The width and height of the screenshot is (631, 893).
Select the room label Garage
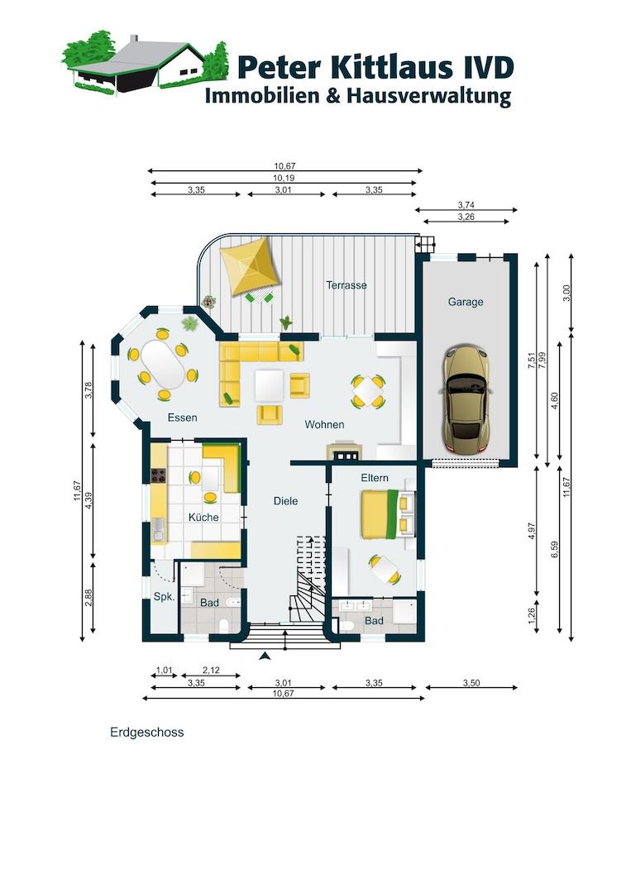click(466, 302)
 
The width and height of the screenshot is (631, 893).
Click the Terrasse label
click(347, 284)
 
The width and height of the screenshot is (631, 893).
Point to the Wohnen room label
click(324, 424)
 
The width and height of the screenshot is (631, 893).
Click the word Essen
click(182, 418)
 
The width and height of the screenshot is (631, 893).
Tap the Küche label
click(203, 517)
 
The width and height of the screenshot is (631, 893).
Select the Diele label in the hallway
click(285, 500)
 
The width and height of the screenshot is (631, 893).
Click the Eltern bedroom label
click(374, 478)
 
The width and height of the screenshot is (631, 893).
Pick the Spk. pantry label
click(164, 596)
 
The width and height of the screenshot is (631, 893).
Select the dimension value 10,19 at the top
click(283, 179)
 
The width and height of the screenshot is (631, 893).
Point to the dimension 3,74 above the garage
click(466, 205)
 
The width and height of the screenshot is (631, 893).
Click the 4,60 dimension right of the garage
click(555, 401)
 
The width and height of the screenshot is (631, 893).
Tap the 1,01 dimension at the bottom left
click(164, 671)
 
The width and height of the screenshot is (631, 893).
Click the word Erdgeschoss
click(147, 733)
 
